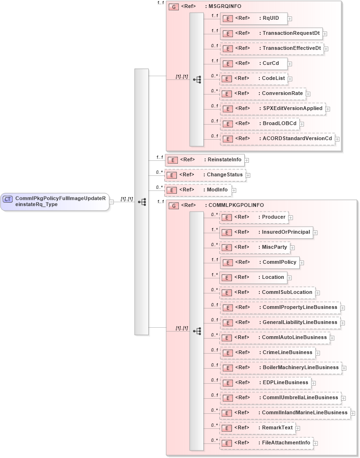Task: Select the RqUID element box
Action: pos(254,18)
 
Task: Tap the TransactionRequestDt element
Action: pos(271,33)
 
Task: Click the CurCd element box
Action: pos(254,63)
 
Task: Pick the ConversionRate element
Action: pos(263,94)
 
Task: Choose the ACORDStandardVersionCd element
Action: pos(277,139)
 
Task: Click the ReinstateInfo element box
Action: pos(204,160)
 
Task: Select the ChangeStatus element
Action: pos(205,175)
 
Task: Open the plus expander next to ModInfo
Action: pos(234,190)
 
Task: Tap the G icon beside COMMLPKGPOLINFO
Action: pos(174,205)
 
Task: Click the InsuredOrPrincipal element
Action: pos(266,232)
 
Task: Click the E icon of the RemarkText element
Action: pos(227,428)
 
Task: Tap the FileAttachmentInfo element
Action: pos(266,443)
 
